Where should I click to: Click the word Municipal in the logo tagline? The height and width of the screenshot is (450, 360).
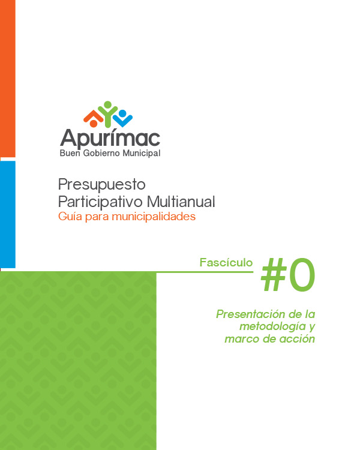142,154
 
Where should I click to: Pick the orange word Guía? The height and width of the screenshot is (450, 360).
71,217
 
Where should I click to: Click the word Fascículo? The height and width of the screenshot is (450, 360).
226,262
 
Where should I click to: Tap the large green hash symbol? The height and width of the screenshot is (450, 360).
273,276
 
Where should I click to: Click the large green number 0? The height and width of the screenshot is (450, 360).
301,275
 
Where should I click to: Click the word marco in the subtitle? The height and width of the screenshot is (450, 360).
240,338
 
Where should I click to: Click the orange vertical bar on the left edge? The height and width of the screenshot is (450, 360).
7,78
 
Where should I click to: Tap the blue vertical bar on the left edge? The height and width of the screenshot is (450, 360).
7,213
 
